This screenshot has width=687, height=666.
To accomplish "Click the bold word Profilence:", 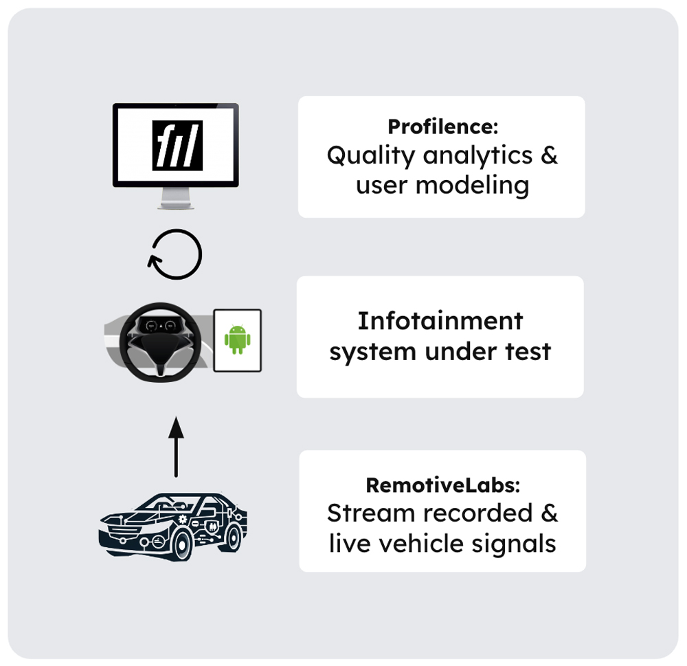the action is (x=443, y=126).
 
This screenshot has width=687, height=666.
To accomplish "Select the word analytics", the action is (x=477, y=156).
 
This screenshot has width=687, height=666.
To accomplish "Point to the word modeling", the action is (x=473, y=186).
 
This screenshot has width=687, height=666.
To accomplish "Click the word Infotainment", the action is (x=440, y=321).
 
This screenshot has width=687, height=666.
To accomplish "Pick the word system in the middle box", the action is (x=373, y=352).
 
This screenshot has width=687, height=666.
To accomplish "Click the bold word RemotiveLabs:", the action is (x=443, y=485).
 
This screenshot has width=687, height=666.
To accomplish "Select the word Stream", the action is (x=371, y=513).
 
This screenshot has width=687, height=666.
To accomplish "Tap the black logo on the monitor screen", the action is (x=177, y=145).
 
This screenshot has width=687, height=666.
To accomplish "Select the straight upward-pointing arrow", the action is (x=176, y=446).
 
